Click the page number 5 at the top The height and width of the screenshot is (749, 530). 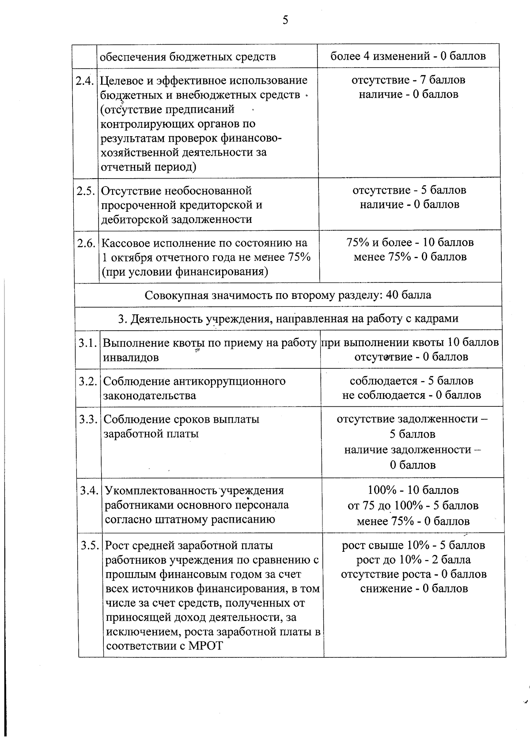[285, 20]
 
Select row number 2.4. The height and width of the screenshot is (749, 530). [85, 81]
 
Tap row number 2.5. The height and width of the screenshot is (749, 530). [86, 191]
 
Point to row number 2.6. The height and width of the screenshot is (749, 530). [87, 243]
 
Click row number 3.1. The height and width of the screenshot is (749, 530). [88, 343]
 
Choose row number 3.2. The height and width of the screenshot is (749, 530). [88, 381]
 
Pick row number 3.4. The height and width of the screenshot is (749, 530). [90, 491]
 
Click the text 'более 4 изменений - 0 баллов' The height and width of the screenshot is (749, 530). [408, 56]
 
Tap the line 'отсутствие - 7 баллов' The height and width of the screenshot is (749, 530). [408, 80]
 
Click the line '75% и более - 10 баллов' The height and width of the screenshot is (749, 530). [410, 242]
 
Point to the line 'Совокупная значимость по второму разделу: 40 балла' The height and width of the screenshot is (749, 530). [288, 295]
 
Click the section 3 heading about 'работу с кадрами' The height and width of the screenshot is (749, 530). [288, 318]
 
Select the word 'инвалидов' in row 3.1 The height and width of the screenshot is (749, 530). [131, 357]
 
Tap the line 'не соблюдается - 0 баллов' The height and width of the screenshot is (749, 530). [411, 395]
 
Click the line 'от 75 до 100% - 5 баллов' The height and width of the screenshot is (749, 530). [413, 505]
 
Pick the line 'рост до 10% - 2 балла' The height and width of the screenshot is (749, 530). [413, 560]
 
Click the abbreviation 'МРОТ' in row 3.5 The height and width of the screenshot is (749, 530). [205, 646]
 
